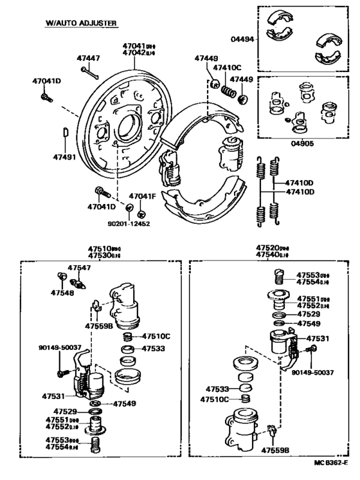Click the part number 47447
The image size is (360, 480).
[88, 59]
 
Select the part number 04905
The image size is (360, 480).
[302, 143]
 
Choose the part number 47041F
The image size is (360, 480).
[142, 196]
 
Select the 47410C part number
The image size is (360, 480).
[228, 68]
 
